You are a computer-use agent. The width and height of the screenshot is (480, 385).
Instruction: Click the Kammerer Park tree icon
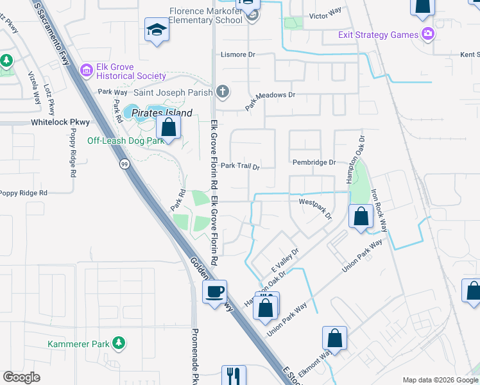tap(118, 344)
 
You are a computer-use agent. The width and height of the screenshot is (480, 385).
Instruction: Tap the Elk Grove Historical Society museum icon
tap(85, 69)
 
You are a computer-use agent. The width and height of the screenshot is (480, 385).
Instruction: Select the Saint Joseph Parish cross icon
tap(223, 91)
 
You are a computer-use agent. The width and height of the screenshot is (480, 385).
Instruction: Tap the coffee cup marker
tap(215, 291)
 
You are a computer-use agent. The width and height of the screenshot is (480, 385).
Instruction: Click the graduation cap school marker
tap(156, 31)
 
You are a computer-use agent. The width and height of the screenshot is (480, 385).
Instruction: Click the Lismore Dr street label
tap(238, 55)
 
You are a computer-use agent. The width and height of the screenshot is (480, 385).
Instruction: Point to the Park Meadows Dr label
tap(270, 102)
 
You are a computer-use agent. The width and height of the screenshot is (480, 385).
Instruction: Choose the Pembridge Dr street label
tap(314, 163)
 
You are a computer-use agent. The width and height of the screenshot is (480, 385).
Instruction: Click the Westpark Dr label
tap(316, 209)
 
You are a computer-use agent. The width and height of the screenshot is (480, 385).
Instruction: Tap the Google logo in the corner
tap(21, 377)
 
